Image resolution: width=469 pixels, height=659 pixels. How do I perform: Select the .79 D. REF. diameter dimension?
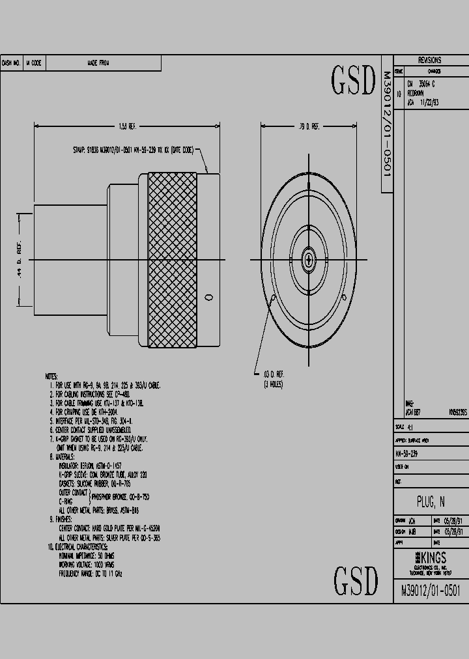point(309,126)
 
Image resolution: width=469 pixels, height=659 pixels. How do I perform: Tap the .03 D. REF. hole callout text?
point(268,375)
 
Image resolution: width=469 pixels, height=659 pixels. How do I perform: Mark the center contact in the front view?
point(309,259)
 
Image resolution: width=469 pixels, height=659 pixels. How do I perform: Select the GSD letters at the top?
point(354,81)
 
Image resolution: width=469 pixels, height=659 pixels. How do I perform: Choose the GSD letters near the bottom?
point(356,581)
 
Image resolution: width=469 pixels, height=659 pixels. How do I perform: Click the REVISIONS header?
point(429,59)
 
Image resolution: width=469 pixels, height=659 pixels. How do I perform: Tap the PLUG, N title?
point(431,501)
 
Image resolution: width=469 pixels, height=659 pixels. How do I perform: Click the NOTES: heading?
point(51,377)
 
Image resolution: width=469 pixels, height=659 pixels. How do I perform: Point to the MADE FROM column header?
point(98,63)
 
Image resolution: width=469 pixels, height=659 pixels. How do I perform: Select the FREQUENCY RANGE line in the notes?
point(90,574)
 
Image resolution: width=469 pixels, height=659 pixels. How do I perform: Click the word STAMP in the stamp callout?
point(79,150)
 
